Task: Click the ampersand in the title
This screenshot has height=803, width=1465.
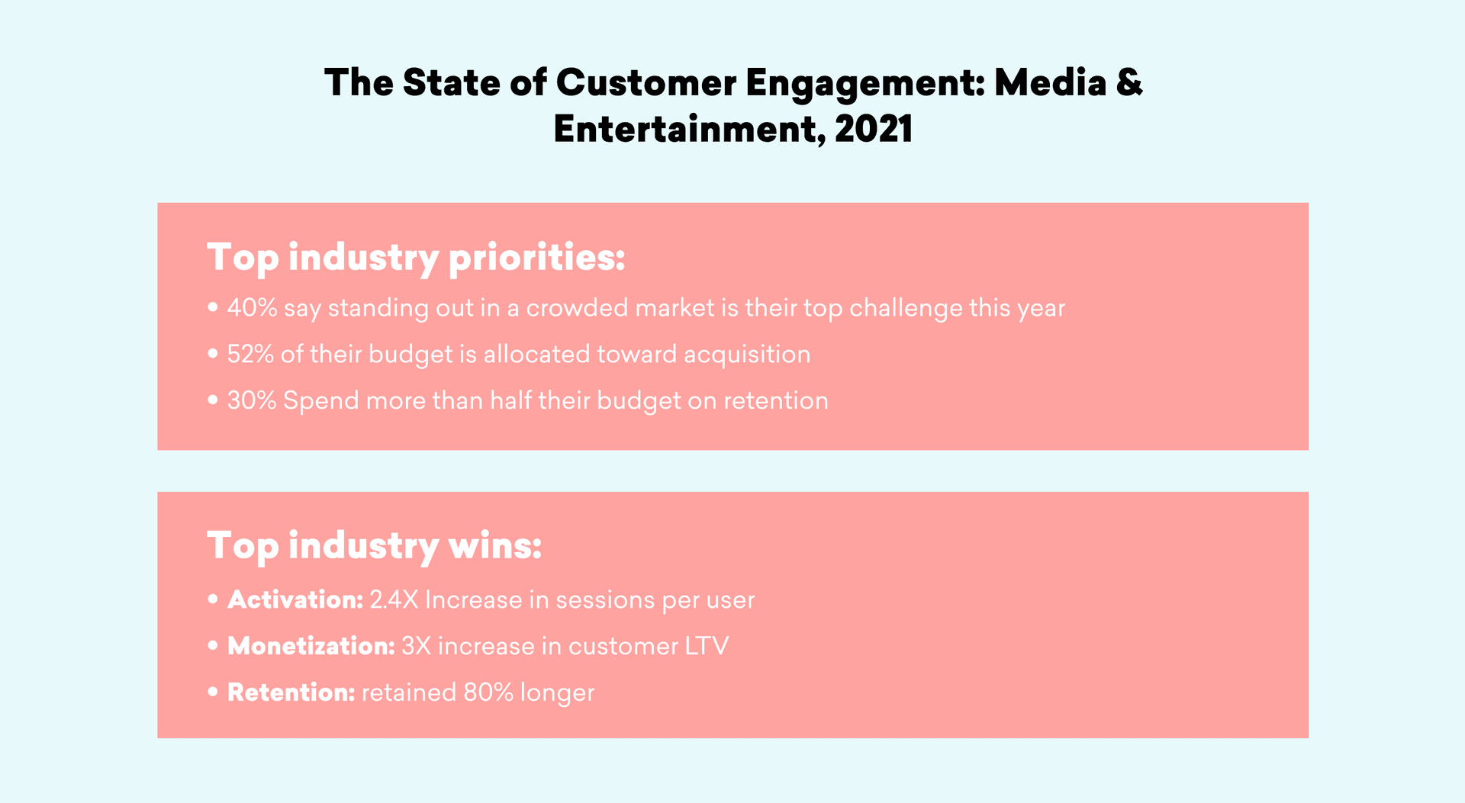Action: point(1129,82)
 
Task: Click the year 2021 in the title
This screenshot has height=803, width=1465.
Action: point(874,129)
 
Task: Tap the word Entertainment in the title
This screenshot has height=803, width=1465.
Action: point(687,129)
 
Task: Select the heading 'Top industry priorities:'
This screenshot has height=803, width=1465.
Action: point(416,257)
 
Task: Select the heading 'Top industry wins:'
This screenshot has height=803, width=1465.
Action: point(374,545)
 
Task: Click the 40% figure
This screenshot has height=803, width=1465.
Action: point(252,308)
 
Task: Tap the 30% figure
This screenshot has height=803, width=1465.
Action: point(251,401)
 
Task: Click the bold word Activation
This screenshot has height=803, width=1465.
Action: point(295,600)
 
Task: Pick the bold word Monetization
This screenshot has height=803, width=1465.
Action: point(311,647)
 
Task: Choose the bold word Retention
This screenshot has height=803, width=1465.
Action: point(291,693)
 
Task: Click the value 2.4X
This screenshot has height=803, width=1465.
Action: point(394,600)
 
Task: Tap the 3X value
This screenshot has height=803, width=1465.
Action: point(416,647)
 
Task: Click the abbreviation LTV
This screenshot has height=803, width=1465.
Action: point(706,647)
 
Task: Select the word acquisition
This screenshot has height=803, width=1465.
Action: point(746,355)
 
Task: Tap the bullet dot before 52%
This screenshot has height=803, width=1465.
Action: point(213,354)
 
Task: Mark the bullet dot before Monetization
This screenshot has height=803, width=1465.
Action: point(213,646)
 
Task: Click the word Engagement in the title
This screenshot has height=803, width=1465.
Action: point(865,83)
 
